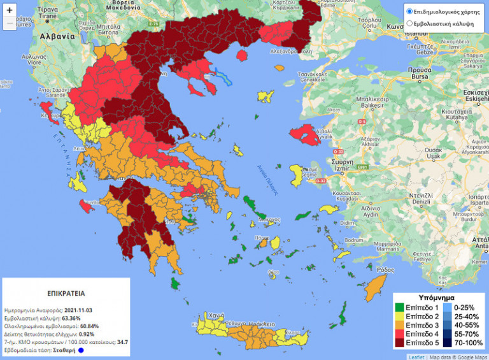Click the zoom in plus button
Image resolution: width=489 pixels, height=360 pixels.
10,11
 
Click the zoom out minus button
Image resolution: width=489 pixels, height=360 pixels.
10,24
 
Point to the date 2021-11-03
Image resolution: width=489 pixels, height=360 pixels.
81,309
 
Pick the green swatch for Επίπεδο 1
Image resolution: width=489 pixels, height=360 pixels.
399,307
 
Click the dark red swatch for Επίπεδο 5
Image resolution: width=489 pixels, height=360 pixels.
399,343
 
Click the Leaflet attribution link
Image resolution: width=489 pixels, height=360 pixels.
417,357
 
